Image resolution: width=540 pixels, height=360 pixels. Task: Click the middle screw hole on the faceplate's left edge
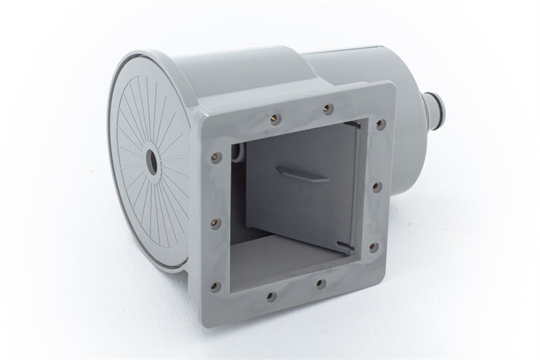coord(215,222)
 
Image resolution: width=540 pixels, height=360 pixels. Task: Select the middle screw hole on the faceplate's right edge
coord(376,185)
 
